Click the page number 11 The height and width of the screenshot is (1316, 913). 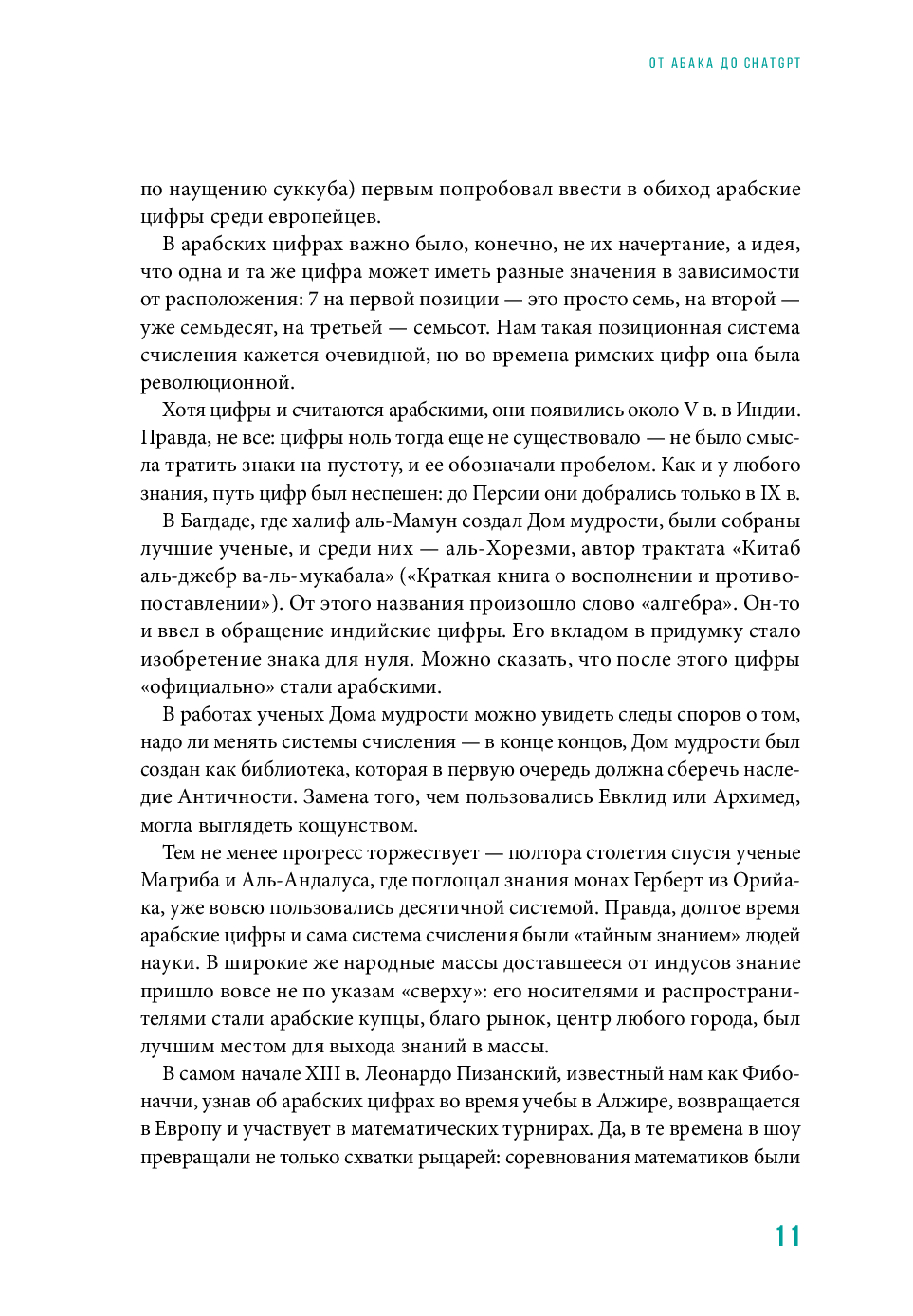[x=788, y=1236]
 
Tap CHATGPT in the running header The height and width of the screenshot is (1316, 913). [x=773, y=64]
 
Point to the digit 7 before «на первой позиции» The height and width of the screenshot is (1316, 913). [x=313, y=300]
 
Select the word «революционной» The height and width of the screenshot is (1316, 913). [x=217, y=383]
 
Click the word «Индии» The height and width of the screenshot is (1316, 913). [x=770, y=411]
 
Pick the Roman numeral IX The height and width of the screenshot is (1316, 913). [x=769, y=493]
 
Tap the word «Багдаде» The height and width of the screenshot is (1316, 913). [x=219, y=521]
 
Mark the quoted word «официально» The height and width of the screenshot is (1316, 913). [x=198, y=687]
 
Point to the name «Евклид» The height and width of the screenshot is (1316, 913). [x=633, y=797]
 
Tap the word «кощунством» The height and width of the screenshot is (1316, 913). [x=357, y=825]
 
